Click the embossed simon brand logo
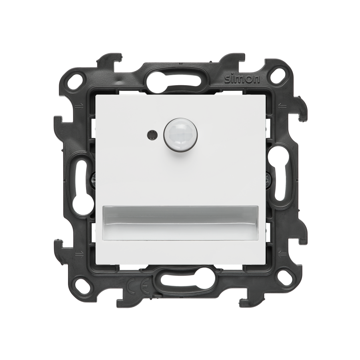(x=242, y=80)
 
